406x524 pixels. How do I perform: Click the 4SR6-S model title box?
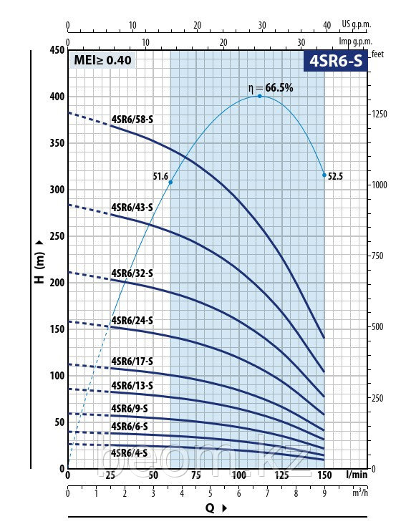(336, 61)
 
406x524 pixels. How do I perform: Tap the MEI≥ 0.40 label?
(102, 60)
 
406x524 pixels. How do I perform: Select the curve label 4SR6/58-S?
(132, 120)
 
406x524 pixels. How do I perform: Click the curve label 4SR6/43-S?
(132, 208)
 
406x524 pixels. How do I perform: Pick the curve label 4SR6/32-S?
(132, 273)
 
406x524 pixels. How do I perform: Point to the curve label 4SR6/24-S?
(132, 321)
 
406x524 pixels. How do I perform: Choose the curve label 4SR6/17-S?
(132, 362)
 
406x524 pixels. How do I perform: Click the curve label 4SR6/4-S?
(130, 452)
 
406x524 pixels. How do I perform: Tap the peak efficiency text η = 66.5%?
(271, 87)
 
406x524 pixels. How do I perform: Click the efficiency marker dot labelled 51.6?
(170, 183)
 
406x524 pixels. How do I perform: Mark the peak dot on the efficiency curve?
(259, 96)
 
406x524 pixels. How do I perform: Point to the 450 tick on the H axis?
(56, 50)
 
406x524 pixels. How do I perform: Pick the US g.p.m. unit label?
(357, 24)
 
